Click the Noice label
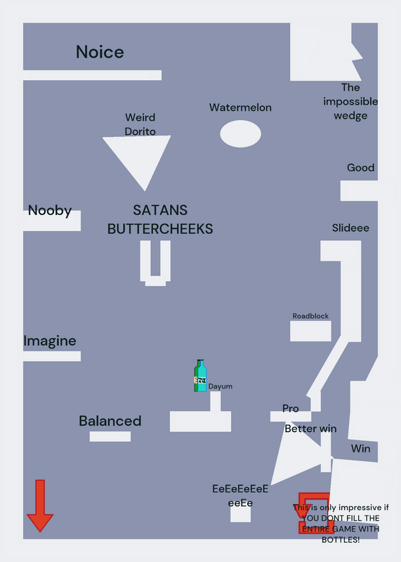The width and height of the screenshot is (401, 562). (x=100, y=52)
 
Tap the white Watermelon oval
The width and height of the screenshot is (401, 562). (x=240, y=133)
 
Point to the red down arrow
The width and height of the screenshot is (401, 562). (x=40, y=506)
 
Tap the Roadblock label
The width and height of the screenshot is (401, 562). (x=310, y=315)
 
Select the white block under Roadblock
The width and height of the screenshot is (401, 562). (x=310, y=331)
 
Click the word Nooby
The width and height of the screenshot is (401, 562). (x=50, y=210)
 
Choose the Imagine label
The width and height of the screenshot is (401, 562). (x=50, y=341)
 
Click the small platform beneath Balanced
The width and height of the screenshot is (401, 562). (x=110, y=436)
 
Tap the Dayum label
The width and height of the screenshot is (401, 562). (x=221, y=386)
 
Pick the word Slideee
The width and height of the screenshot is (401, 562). (x=350, y=228)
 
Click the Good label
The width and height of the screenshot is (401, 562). (x=360, y=167)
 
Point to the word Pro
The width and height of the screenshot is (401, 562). (x=291, y=408)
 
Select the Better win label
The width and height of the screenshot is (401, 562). (x=310, y=429)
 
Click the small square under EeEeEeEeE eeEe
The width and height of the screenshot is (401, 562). (x=240, y=514)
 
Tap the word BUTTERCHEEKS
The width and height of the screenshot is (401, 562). (x=160, y=229)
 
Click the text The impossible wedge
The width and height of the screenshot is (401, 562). (x=350, y=101)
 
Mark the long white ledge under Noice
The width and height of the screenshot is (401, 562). (x=93, y=75)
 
